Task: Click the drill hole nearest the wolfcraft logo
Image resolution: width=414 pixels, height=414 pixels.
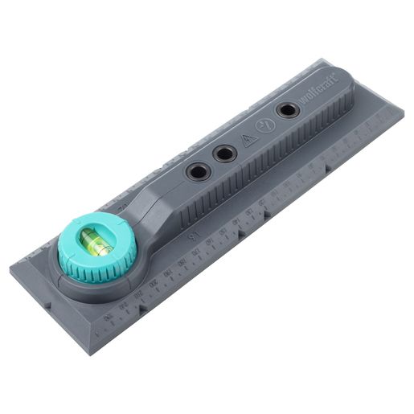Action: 286,110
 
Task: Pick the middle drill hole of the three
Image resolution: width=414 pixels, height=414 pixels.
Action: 224,151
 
